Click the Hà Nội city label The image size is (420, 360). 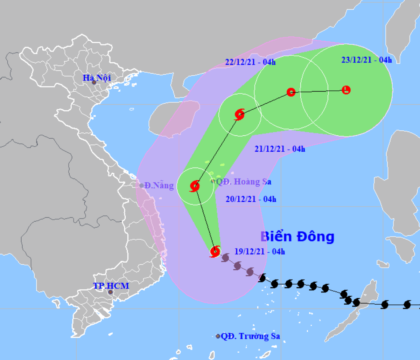click(97, 78)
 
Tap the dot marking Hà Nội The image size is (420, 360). click(94, 83)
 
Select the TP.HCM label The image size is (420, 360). click(111, 286)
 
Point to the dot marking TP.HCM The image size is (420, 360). click(110, 292)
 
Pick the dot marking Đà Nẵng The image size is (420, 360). click(141, 186)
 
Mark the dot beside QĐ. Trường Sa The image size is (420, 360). click(218, 336)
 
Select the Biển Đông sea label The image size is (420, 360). click(297, 237)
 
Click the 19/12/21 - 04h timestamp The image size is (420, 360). click(259, 251)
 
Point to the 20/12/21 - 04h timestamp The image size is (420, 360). click(251, 199)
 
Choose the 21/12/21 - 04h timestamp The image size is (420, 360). click(280, 149)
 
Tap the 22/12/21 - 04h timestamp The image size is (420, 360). click(250, 62)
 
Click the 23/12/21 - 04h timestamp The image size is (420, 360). click(366, 60)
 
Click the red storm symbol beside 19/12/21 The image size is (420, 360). click(215, 251)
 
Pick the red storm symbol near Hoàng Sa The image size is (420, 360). click(195, 186)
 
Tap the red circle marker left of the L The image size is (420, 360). click(291, 92)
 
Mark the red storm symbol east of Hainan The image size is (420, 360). click(240, 114)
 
